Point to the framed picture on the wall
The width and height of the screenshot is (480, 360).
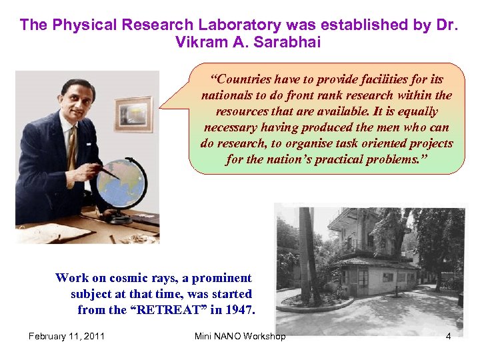pyautogui.click(x=133, y=114)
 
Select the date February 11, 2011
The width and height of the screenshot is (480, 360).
pyautogui.click(x=66, y=336)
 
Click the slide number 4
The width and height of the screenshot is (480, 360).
pyautogui.click(x=448, y=336)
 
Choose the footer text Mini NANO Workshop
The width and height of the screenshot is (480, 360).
pyautogui.click(x=240, y=336)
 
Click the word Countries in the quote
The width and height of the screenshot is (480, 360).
pyautogui.click(x=243, y=80)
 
